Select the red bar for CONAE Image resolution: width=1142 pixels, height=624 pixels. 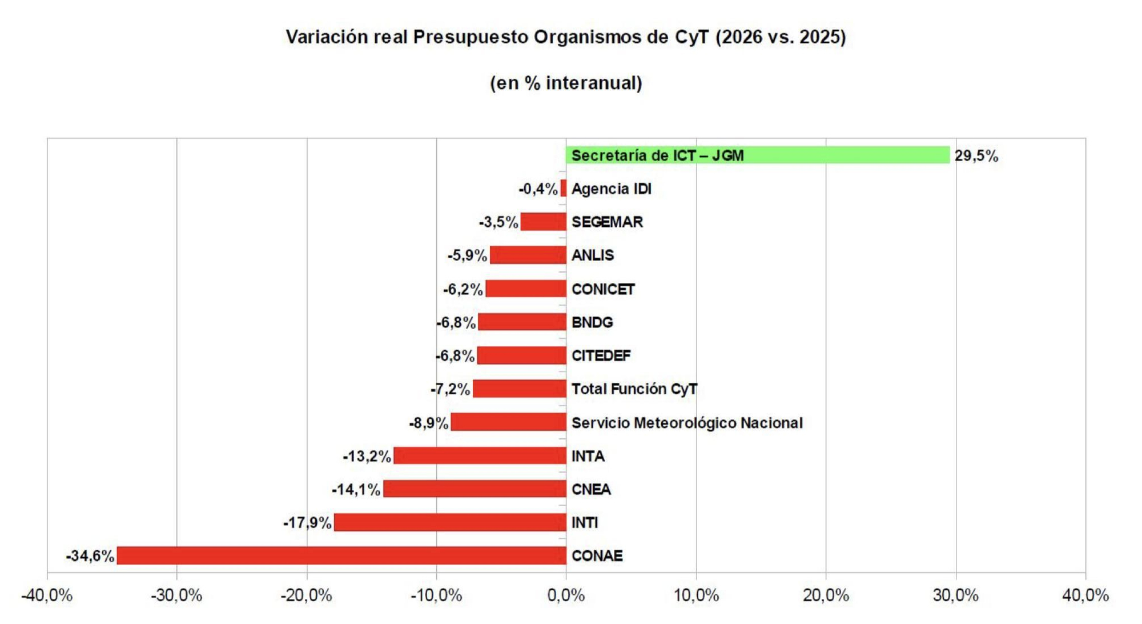[341, 555]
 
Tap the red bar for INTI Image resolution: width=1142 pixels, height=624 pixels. [450, 522]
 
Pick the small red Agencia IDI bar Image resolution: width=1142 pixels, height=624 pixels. [564, 189]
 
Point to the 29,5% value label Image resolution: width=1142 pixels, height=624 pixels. [976, 156]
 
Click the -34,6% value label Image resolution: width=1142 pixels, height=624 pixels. [90, 556]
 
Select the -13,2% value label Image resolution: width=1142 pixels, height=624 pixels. [367, 457]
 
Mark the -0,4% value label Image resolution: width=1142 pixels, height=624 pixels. [538, 189]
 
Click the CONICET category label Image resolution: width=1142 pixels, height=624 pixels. [602, 289]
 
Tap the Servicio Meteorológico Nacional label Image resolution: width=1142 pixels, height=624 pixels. [686, 423]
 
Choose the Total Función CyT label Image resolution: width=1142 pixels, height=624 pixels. [634, 389]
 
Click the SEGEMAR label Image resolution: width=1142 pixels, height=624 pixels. [606, 222]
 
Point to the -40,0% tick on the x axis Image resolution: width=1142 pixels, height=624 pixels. [47, 595]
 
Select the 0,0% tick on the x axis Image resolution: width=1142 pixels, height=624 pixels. [566, 595]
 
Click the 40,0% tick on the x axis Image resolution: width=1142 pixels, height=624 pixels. [1085, 595]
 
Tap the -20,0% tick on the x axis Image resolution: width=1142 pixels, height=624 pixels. [307, 595]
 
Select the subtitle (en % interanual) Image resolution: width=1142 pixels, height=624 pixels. [565, 83]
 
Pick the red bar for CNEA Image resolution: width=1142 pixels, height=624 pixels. [475, 489]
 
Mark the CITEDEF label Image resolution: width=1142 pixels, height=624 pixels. [601, 356]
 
